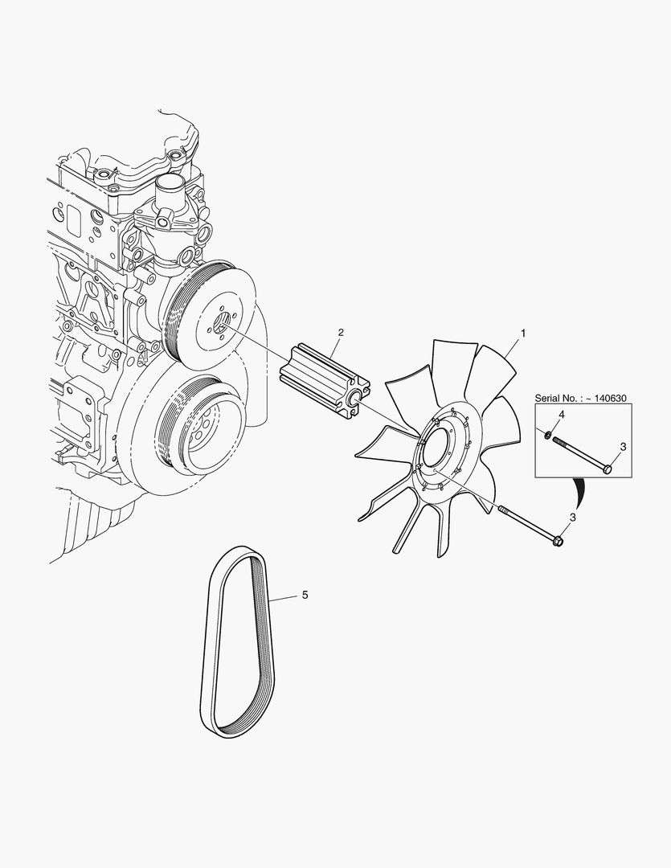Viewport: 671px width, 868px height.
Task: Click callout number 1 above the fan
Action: pyautogui.click(x=522, y=334)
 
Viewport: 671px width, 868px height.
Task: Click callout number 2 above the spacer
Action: pyautogui.click(x=341, y=332)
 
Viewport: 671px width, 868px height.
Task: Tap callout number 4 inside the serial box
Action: pyautogui.click(x=562, y=415)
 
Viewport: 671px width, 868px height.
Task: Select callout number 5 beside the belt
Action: pyautogui.click(x=305, y=595)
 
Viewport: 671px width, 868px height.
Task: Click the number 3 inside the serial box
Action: pyautogui.click(x=623, y=446)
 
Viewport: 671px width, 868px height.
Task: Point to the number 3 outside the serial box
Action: pyautogui.click(x=573, y=518)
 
